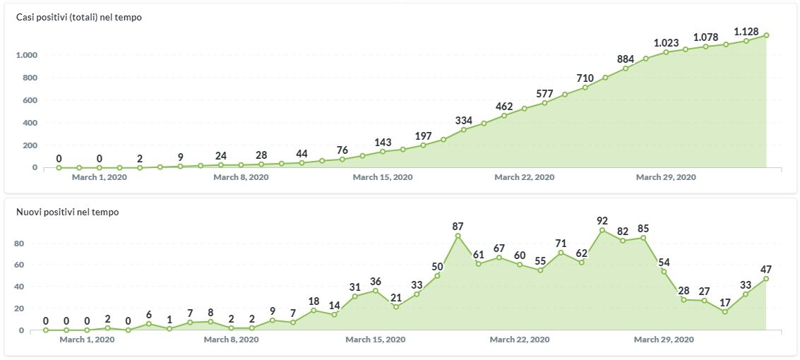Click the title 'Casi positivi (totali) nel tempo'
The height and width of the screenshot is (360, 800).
click(79, 17)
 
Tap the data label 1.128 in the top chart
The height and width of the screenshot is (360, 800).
click(747, 31)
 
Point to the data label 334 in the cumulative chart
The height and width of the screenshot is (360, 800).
click(464, 119)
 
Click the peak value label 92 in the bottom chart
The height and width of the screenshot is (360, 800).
click(602, 220)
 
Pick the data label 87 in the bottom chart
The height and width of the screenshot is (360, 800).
click(458, 226)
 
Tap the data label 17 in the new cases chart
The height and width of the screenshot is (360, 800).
click(724, 302)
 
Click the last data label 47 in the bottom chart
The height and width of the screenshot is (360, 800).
click(766, 269)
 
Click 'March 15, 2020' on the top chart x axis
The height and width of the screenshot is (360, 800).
click(382, 177)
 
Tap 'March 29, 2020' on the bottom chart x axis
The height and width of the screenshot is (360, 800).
click(664, 340)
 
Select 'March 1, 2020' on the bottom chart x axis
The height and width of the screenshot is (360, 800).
click(87, 340)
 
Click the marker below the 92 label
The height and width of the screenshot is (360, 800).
click(602, 230)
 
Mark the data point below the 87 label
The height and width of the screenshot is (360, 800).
click(458, 236)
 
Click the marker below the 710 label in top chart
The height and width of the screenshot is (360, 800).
click(585, 88)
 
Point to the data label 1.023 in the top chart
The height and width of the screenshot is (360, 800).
click(666, 42)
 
